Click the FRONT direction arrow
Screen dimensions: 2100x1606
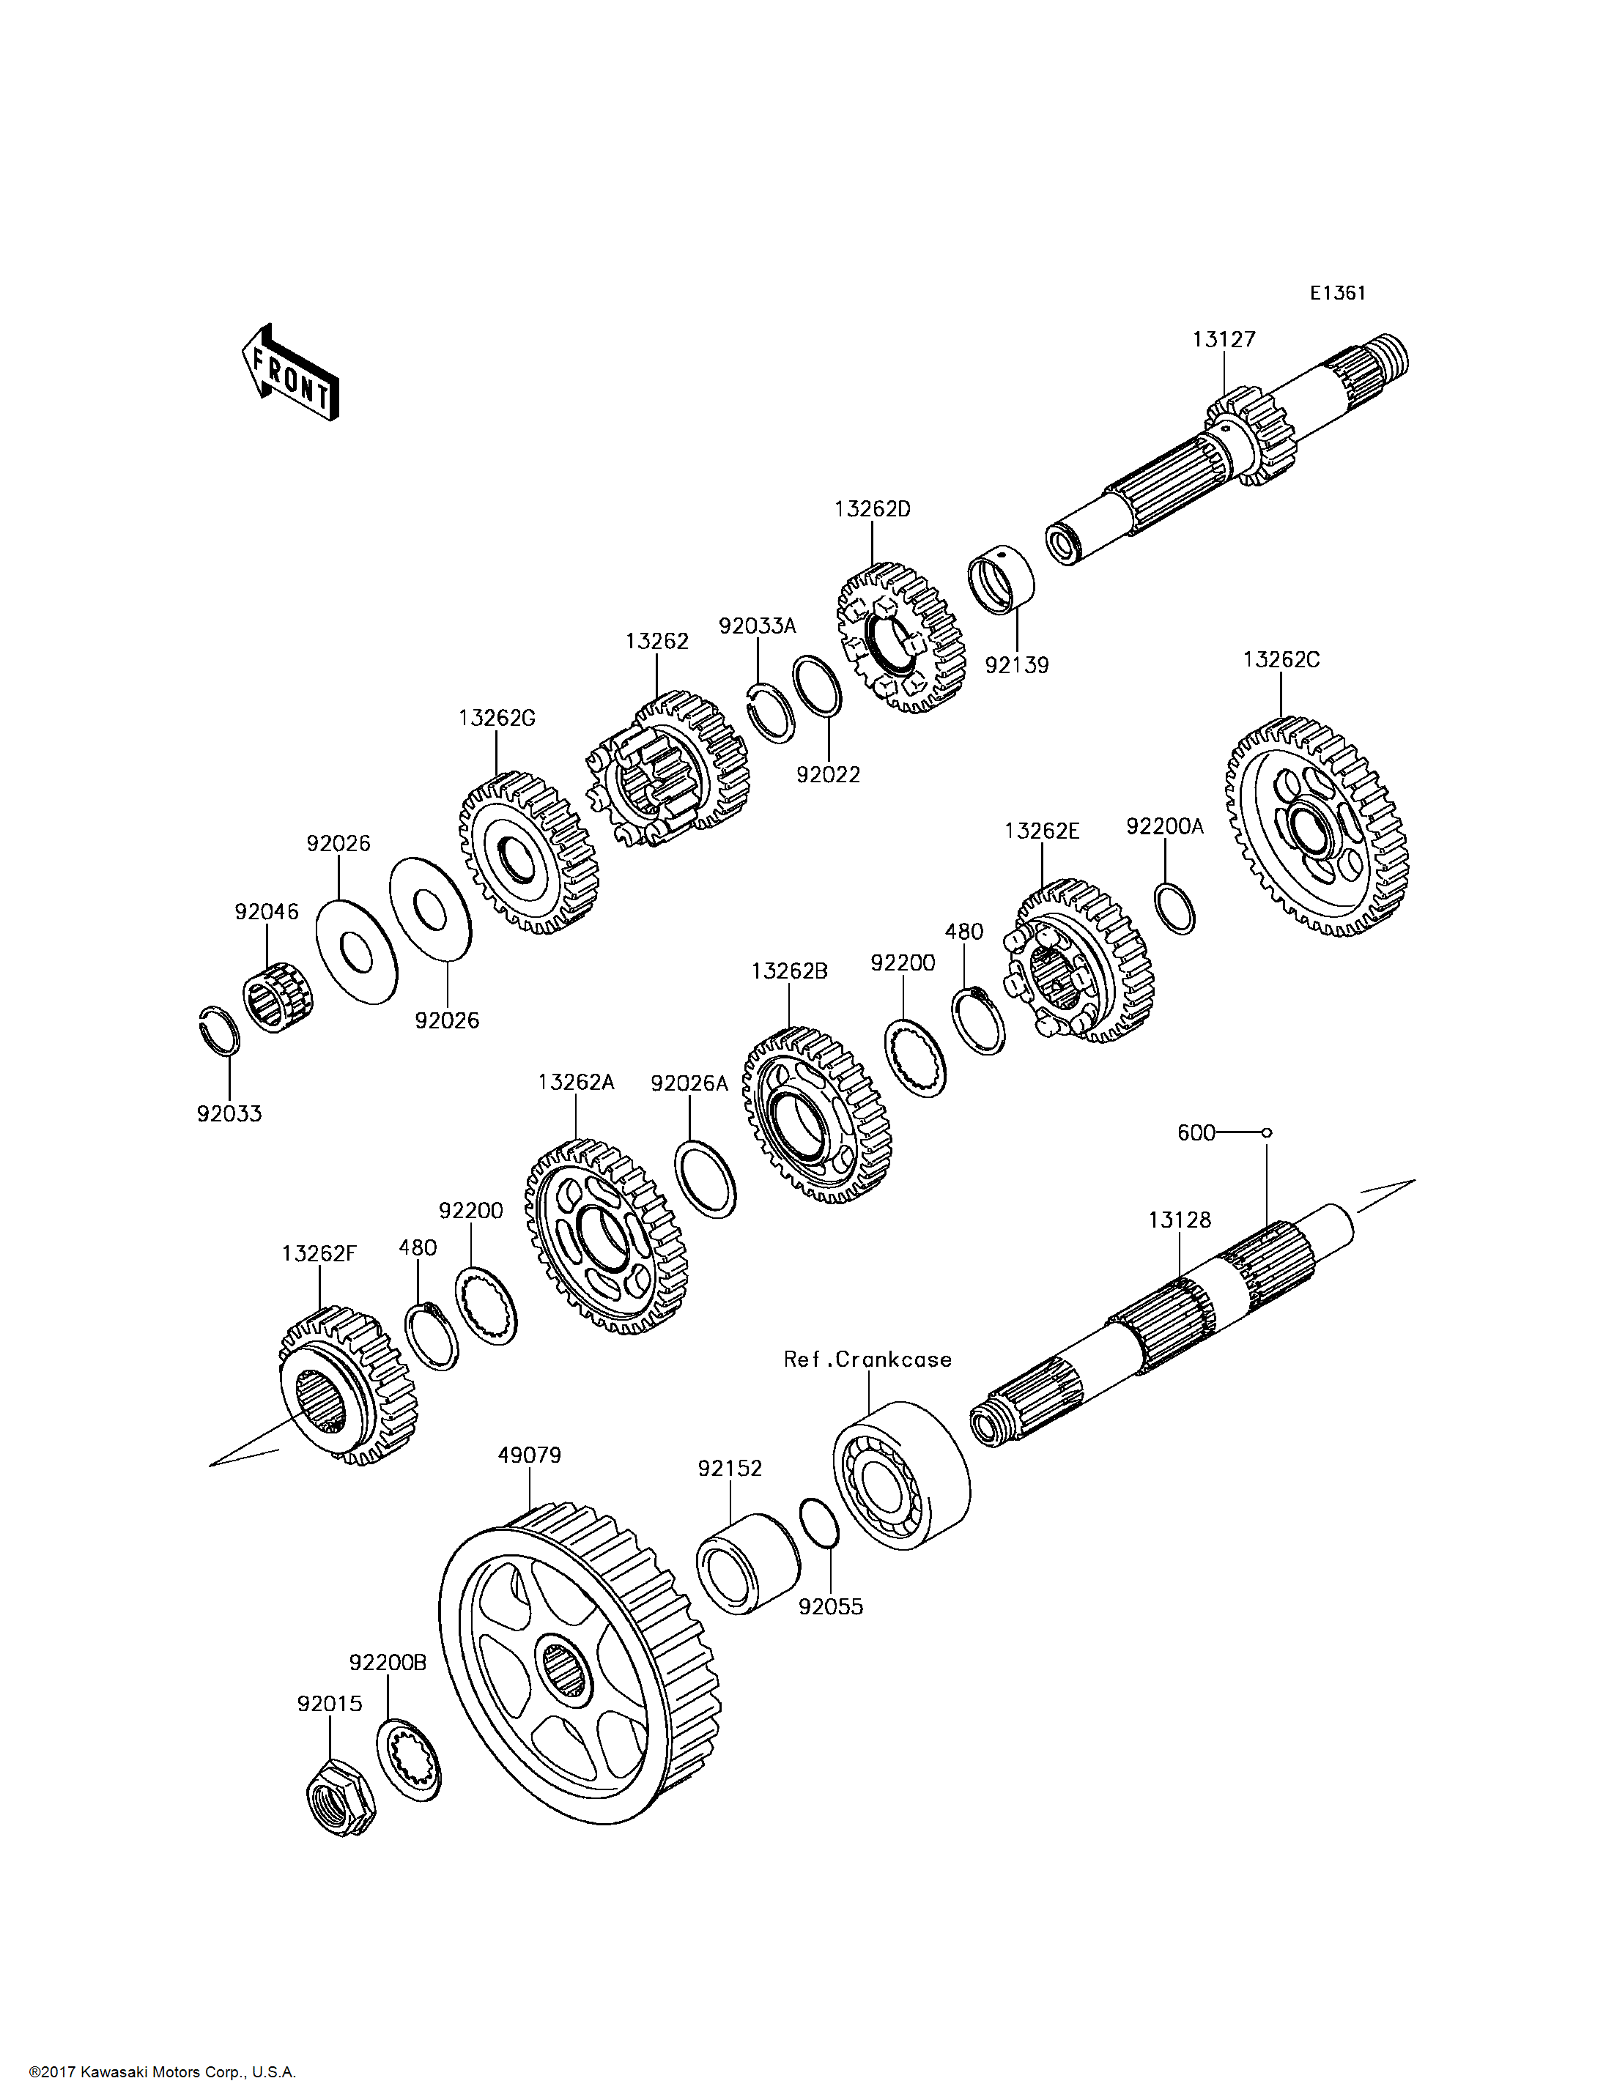[x=289, y=373]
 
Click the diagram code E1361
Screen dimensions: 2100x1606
[x=1337, y=294]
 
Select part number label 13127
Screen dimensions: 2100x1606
[x=1224, y=339]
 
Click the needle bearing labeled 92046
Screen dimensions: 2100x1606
[x=276, y=990]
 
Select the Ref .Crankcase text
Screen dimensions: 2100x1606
[x=867, y=1359]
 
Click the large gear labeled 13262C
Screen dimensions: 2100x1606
[x=1317, y=827]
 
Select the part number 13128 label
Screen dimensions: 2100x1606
[x=1179, y=1220]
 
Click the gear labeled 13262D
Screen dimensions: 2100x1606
[x=900, y=637]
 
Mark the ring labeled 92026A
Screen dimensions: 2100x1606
[x=706, y=1179]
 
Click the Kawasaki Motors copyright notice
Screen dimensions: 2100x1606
[x=163, y=2072]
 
